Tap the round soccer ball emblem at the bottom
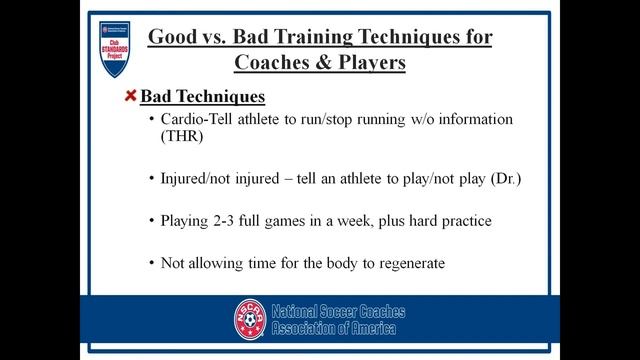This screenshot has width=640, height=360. pos(251,319)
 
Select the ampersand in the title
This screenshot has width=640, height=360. pos(321,62)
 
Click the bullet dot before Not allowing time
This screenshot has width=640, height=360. pos(151,263)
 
